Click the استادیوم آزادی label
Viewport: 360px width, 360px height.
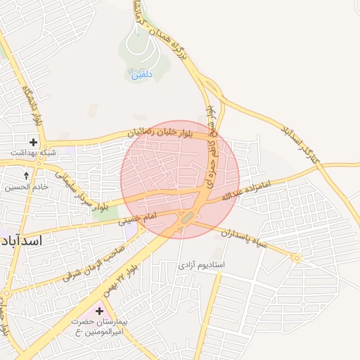(200, 266)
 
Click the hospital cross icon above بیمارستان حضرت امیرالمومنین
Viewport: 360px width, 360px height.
(99, 311)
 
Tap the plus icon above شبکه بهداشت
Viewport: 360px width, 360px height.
(33, 142)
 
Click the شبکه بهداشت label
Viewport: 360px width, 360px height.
(33, 153)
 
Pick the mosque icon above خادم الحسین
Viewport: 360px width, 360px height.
(27, 176)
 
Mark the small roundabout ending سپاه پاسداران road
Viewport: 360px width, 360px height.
(297, 259)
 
